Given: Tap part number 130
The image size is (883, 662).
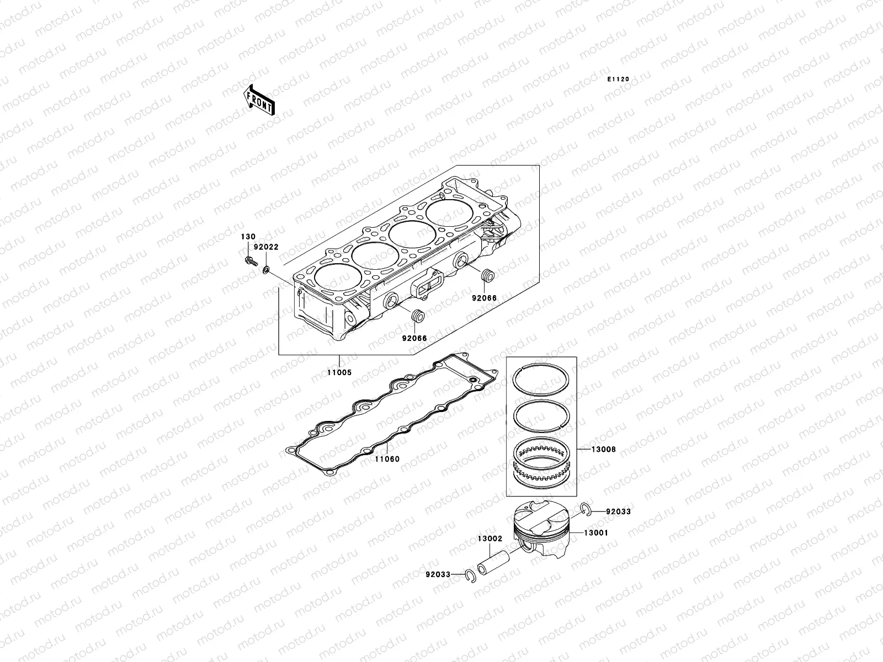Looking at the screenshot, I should point(247,237).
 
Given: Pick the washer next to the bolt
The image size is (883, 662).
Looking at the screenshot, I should point(267,270).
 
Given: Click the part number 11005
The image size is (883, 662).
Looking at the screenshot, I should point(338,372).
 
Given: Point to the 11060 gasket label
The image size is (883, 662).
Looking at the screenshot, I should point(387,459).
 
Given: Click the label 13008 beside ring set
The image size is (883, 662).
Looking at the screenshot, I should point(603,450).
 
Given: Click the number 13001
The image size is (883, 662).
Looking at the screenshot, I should point(596,533).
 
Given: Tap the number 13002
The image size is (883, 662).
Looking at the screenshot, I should point(490,538).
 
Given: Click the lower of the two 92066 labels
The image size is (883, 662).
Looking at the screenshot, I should point(414,338).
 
